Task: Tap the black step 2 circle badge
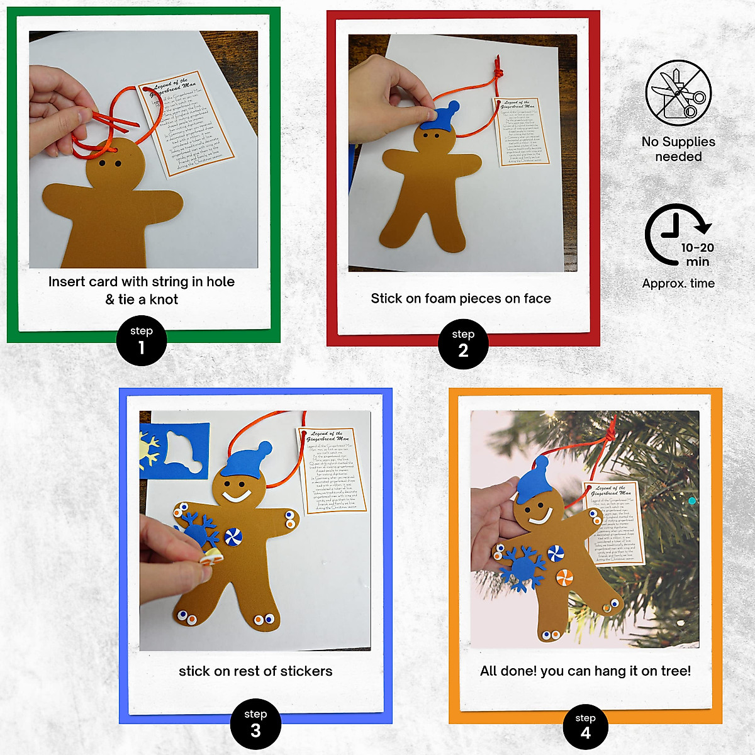pyautogui.click(x=463, y=344)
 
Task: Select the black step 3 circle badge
pyautogui.click(x=255, y=724)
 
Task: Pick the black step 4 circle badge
pyautogui.click(x=586, y=728)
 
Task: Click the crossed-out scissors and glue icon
pyautogui.click(x=678, y=93)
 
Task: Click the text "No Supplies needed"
pyautogui.click(x=678, y=149)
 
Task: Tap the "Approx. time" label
pyautogui.click(x=678, y=283)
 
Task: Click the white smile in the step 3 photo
pyautogui.click(x=237, y=496)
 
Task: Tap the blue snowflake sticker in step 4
pyautogui.click(x=520, y=568)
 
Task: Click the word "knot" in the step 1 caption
pyautogui.click(x=164, y=299)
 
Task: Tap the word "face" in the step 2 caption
pyautogui.click(x=537, y=298)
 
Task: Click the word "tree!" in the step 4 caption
pyautogui.click(x=674, y=671)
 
